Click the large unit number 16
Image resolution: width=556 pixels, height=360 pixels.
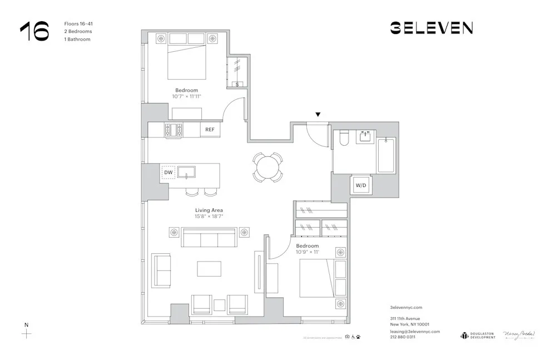point(34,32)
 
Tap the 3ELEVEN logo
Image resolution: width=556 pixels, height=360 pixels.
point(431,28)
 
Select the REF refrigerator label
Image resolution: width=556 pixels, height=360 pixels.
point(210,130)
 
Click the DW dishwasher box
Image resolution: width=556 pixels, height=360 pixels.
point(168,173)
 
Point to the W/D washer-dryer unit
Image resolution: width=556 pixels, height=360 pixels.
point(361,185)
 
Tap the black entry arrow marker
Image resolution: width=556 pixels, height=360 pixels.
point(317,115)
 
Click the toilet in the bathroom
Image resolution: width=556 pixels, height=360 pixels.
point(343,139)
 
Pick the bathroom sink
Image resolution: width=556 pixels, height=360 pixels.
point(365,136)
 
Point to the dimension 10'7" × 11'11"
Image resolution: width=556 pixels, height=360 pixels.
point(186,96)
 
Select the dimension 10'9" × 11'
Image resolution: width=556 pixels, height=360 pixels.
point(307,252)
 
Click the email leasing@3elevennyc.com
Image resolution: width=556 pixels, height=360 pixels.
point(415,331)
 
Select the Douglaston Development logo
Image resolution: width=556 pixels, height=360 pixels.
point(478,336)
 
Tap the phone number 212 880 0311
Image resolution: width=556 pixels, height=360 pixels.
point(403,337)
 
